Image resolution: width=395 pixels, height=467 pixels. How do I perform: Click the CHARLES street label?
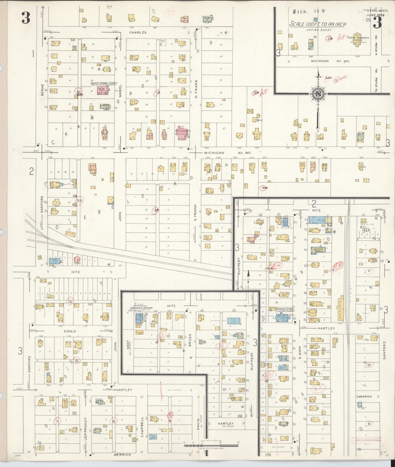pyautogui.click(x=138, y=32)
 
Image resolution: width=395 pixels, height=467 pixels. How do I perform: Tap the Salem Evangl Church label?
pyautogui.click(x=104, y=83)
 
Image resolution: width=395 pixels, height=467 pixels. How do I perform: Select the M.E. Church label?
pyautogui.click(x=183, y=131)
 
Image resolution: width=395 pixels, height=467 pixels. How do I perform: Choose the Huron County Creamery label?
pyautogui.click(x=141, y=308)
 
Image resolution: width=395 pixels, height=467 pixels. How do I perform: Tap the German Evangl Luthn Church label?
pyautogui.click(x=285, y=310)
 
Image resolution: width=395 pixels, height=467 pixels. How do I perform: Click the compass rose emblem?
pyautogui.click(x=318, y=93)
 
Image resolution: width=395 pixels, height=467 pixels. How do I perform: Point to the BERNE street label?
pyautogui.click(x=42, y=90)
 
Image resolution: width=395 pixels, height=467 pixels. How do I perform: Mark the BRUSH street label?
pyautogui.click(x=190, y=340)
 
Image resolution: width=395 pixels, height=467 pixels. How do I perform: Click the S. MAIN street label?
pyautogui.click(x=300, y=353)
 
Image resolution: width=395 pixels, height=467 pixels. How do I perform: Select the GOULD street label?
pyautogui.click(x=70, y=331)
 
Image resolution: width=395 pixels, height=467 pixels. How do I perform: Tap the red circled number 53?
pyautogui.click(x=80, y=201)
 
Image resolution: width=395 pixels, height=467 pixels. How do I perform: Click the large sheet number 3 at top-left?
pyautogui.click(x=26, y=19)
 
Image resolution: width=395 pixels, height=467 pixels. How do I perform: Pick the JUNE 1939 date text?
pyautogui.click(x=375, y=15)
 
